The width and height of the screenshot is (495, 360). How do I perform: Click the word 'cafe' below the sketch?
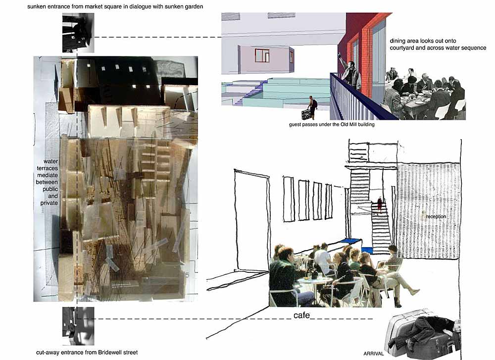[301, 315]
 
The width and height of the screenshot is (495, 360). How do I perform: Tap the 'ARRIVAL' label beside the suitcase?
[373, 354]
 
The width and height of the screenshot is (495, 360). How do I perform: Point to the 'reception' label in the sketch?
[436, 216]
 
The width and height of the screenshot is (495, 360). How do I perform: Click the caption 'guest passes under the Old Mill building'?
[332, 124]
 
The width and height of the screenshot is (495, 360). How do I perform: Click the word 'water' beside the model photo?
[50, 161]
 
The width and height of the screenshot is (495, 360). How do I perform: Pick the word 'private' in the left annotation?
[49, 203]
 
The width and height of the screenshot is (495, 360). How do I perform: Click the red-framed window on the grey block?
[262, 55]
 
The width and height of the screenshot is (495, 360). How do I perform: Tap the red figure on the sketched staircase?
[380, 205]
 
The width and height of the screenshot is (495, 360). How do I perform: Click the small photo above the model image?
[78, 33]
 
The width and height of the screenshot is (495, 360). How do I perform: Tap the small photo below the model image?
[78, 326]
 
